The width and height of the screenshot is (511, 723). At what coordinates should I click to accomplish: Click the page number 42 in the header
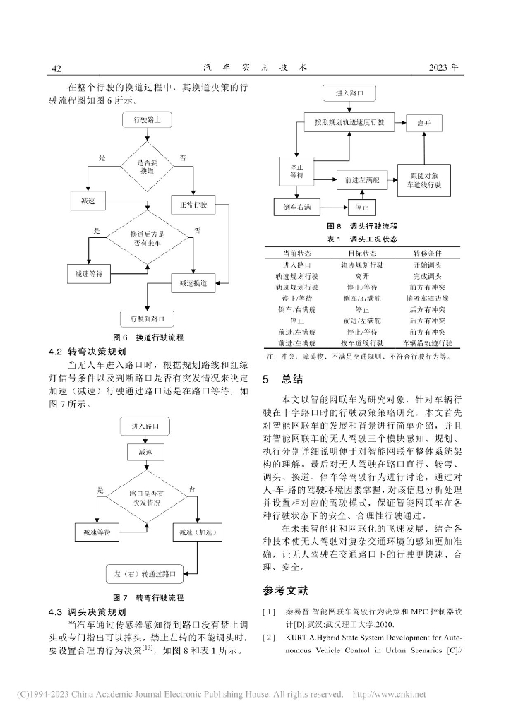tap(57, 68)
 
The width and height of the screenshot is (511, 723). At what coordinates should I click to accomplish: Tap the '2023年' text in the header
tap(445, 68)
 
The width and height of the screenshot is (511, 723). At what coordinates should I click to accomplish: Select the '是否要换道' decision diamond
tap(147, 167)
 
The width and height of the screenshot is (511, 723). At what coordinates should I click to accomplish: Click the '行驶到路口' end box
tap(148, 318)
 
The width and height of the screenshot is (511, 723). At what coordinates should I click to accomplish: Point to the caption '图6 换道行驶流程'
tap(148, 337)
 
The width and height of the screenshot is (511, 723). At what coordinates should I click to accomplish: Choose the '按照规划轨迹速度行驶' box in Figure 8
tap(344, 122)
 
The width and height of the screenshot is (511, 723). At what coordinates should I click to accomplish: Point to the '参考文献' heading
tap(285, 590)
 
